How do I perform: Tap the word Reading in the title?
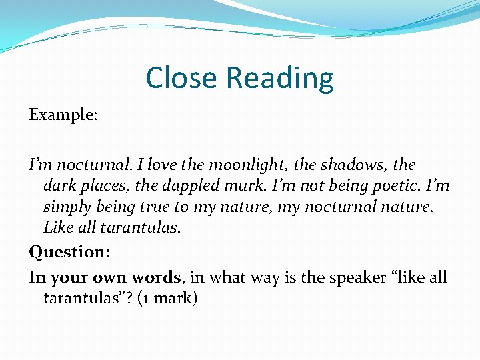click(x=280, y=79)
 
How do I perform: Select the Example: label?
click(x=63, y=115)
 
